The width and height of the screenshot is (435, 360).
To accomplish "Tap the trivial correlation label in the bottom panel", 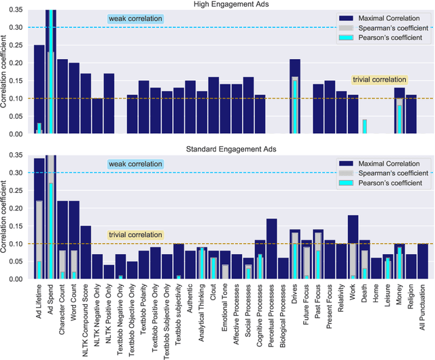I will [136, 235].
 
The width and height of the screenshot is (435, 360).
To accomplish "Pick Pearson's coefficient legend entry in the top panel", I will [389, 37].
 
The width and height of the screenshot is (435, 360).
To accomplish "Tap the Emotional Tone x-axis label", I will [226, 314].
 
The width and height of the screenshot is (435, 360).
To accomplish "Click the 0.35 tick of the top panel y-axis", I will [19, 10].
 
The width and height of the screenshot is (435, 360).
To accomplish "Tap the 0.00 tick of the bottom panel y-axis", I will [19, 279].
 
